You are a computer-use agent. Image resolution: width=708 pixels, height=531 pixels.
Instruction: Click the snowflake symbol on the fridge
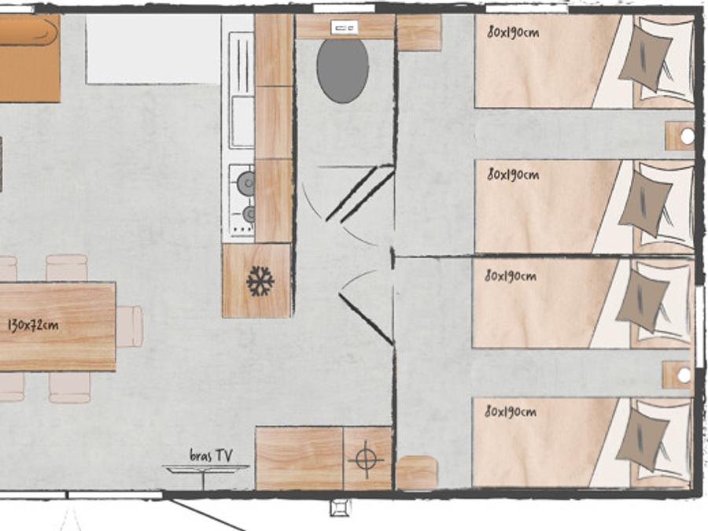[x=260, y=282]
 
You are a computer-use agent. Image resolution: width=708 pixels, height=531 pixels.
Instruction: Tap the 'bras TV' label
[x=211, y=455]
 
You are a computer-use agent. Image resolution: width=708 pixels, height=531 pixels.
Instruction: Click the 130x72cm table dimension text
[x=33, y=325]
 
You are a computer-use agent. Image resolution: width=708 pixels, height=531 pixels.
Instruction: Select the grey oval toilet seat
[x=343, y=71]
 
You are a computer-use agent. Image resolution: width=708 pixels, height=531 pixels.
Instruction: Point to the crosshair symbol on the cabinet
[x=366, y=459]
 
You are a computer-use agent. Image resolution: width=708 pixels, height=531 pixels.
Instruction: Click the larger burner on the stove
[x=246, y=183]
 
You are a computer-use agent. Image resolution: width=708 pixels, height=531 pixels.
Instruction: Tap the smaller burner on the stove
[x=249, y=213]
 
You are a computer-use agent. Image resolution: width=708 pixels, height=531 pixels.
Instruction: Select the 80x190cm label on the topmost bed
[x=513, y=32]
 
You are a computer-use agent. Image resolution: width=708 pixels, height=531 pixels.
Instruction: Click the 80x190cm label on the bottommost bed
[x=511, y=411]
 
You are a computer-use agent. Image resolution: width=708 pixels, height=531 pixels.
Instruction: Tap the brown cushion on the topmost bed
[x=646, y=59]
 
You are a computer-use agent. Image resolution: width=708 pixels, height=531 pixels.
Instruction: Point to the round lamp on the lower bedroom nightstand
[x=684, y=374]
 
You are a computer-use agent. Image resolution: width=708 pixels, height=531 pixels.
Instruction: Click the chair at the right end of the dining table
[x=130, y=326]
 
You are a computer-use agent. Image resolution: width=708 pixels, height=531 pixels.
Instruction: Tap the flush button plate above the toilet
[x=345, y=28]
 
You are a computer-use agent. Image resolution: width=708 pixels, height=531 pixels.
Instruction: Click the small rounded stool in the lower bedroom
[x=417, y=472]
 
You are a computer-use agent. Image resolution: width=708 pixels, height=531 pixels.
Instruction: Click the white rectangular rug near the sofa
[x=153, y=49]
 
